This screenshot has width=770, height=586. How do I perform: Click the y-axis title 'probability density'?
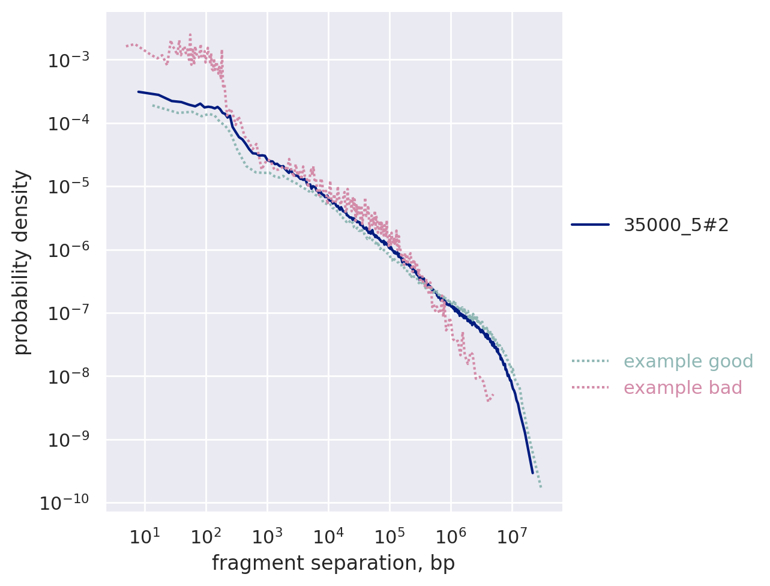click(22, 262)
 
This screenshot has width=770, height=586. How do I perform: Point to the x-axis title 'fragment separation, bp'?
click(333, 563)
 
